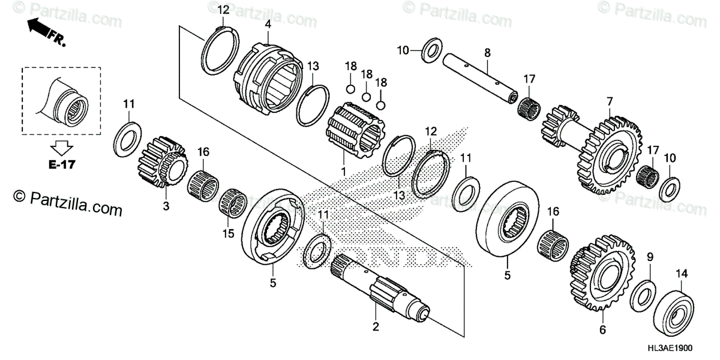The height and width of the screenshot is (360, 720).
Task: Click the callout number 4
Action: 268,25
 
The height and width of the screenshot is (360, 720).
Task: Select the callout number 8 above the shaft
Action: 487,53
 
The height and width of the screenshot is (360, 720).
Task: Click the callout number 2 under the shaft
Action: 376,327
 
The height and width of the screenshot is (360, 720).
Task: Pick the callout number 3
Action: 166,206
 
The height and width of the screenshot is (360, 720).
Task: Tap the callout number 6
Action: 603,329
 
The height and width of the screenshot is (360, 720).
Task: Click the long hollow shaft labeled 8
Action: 480,76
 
